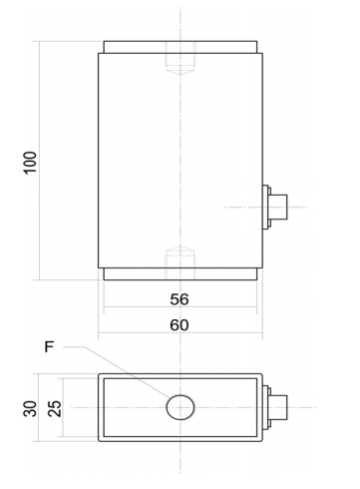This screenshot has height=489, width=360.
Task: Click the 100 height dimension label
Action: pyautogui.click(x=30, y=163)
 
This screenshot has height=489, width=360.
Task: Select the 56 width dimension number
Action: pyautogui.click(x=180, y=299)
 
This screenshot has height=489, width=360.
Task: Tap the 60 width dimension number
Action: pyautogui.click(x=180, y=325)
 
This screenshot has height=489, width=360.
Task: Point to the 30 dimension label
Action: pyautogui.click(x=30, y=408)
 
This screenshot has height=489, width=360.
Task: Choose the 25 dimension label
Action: pyautogui.click(x=55, y=408)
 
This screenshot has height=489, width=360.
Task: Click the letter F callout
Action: pyautogui.click(x=49, y=347)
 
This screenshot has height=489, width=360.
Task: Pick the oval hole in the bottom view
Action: pyautogui.click(x=180, y=407)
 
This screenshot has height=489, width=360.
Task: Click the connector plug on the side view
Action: pyautogui.click(x=278, y=207)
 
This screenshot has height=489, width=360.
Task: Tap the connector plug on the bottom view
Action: pyautogui.click(x=278, y=407)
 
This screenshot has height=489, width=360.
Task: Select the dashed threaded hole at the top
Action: pyautogui.click(x=180, y=59)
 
